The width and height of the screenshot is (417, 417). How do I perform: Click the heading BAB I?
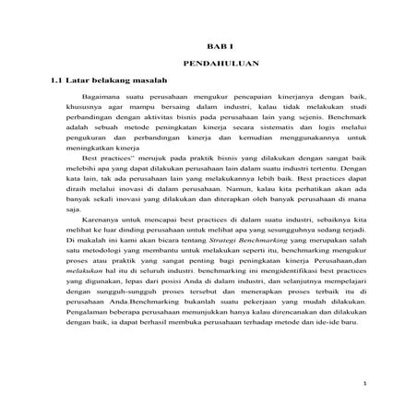pyautogui.click(x=214, y=44)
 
